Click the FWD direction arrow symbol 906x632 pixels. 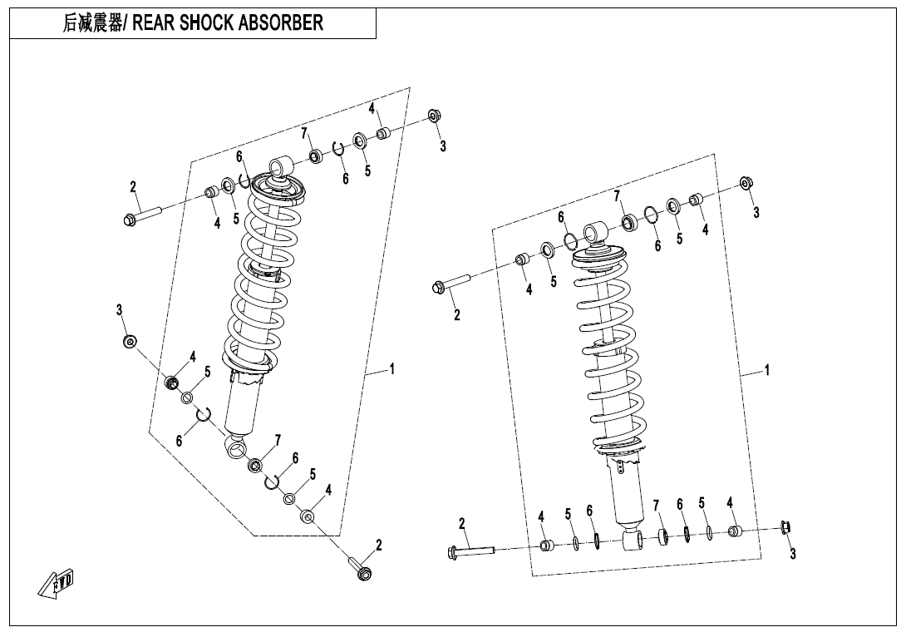point(57,584)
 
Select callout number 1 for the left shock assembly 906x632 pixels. point(391,368)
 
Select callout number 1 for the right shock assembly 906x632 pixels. point(766,371)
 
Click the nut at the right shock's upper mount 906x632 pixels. point(746,184)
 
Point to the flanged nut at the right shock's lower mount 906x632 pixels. point(785,526)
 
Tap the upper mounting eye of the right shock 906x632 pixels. point(593,232)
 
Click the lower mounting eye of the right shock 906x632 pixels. point(631,541)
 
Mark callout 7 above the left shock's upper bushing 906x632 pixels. point(305,134)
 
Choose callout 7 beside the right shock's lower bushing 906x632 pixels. point(655,505)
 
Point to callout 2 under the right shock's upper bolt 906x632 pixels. point(456,314)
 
